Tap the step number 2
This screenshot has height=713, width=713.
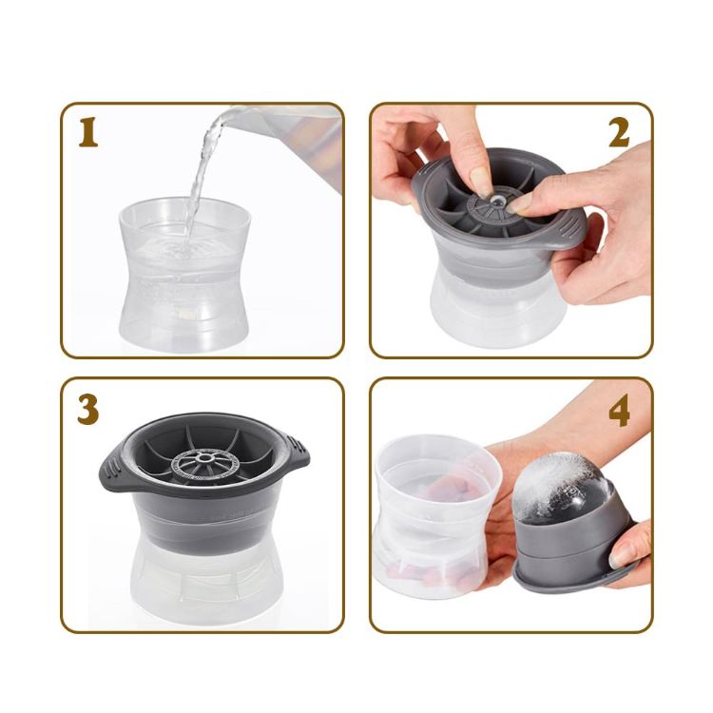tap(619, 134)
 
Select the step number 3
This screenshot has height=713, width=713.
tap(88, 408)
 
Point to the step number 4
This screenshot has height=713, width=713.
tap(619, 411)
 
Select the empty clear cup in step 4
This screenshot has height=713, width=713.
tap(433, 513)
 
